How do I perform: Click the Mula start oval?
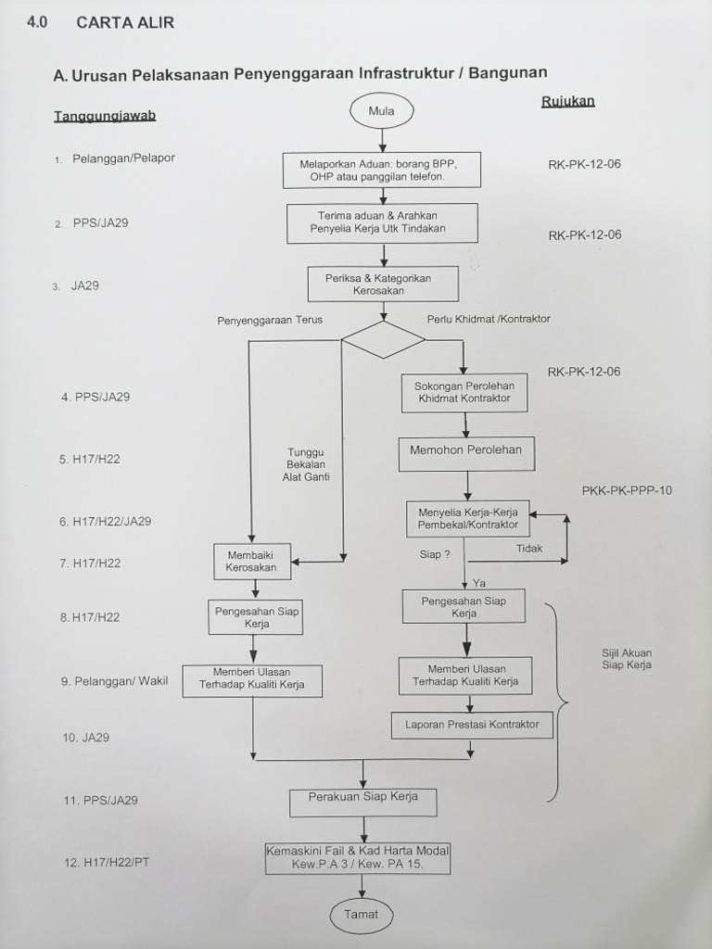point(381,111)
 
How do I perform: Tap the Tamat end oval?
point(362,914)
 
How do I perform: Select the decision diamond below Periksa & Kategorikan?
point(383,339)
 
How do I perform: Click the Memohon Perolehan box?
point(466,451)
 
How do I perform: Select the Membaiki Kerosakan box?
point(251,560)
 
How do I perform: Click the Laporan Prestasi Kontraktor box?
point(472,724)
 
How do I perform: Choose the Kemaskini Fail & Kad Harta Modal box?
point(358,857)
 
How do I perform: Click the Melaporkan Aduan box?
point(381,170)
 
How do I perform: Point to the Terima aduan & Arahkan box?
point(382,222)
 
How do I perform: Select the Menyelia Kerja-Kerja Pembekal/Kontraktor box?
point(467,518)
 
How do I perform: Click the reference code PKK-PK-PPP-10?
point(627,491)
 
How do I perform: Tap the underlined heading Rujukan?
point(567,101)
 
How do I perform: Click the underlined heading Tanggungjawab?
point(104,117)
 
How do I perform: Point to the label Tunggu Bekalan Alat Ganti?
point(306,464)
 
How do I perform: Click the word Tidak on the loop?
point(529,549)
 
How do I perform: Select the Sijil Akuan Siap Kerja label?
point(627,658)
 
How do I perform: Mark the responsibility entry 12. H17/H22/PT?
point(107,862)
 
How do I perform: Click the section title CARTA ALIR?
point(124,22)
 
